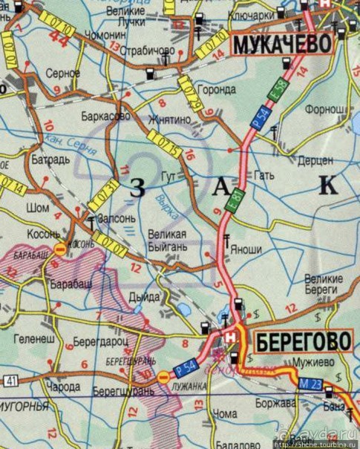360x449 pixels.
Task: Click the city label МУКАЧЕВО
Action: click(x=282, y=45)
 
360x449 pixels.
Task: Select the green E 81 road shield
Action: click(x=236, y=202)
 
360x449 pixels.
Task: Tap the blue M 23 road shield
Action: click(x=311, y=384)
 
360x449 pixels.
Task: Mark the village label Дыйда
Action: click(x=145, y=297)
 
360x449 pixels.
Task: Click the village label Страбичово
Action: click(x=149, y=51)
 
